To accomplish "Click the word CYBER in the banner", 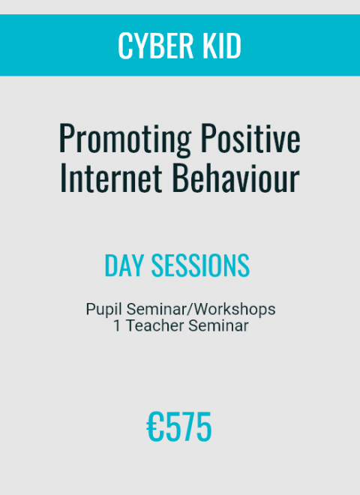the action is (x=155, y=46).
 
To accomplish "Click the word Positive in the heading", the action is (x=250, y=138).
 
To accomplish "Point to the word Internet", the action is (x=111, y=177).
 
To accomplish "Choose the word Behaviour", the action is (x=235, y=177).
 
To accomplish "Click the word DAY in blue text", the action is (x=124, y=265).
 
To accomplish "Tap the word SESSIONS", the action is (x=200, y=265).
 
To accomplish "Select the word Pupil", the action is (x=103, y=309).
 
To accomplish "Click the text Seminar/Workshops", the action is (x=201, y=309).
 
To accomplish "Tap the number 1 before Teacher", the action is (x=117, y=325).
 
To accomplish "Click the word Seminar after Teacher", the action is (x=218, y=325).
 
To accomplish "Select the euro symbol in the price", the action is (x=154, y=427).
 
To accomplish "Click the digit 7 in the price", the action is (x=187, y=427).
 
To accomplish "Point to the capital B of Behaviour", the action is (x=179, y=177).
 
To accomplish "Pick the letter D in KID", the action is (x=234, y=46).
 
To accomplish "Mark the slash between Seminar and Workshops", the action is (x=190, y=309).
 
